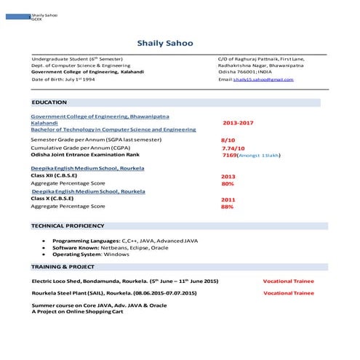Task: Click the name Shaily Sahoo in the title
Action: [x=165, y=44]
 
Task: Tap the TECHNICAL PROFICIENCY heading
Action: [x=68, y=226]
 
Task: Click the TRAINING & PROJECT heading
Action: [x=64, y=268]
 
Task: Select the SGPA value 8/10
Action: [x=228, y=139]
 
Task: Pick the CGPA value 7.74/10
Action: [x=233, y=148]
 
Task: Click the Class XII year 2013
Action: [x=228, y=177]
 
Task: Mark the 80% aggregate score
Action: [x=227, y=184]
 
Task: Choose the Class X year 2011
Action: [x=228, y=199]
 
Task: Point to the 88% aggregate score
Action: [x=227, y=207]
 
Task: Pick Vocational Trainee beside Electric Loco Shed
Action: [x=289, y=281]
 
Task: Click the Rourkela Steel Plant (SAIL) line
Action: [x=114, y=293]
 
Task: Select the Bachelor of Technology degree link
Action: [x=113, y=129]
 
